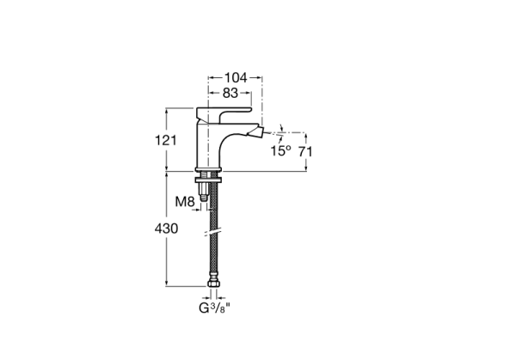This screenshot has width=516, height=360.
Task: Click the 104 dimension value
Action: (235, 77)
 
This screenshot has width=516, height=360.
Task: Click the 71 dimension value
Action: (304, 151)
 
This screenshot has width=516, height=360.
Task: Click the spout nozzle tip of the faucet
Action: (259, 132)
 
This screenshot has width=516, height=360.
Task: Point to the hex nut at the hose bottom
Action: (212, 284)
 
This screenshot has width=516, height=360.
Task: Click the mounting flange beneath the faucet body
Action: (210, 178)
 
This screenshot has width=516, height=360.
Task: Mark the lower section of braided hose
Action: (212, 258)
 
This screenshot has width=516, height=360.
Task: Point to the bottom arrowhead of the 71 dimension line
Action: (304, 168)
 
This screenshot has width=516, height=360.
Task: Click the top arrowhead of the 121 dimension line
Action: (167, 110)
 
